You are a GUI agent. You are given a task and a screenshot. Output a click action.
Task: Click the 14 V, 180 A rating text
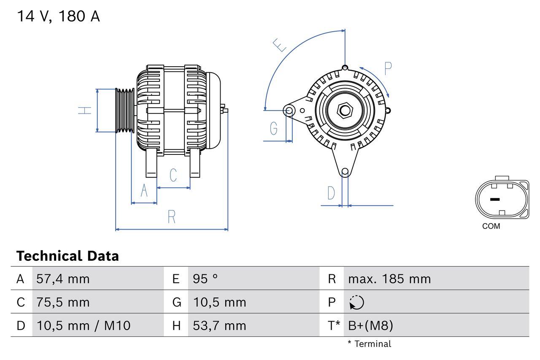(x=58, y=16)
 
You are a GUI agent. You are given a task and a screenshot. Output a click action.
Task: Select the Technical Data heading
(x=67, y=256)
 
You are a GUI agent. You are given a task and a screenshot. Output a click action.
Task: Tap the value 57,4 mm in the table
(x=63, y=279)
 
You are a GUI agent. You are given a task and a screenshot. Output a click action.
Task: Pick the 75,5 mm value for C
(x=63, y=302)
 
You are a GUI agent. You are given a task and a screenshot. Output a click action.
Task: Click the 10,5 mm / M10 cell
(x=84, y=325)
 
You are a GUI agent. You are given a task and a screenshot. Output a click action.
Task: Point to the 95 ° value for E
(x=205, y=279)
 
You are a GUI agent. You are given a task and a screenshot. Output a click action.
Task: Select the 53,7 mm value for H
(x=219, y=325)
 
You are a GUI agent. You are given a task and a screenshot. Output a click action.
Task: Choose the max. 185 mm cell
(x=389, y=279)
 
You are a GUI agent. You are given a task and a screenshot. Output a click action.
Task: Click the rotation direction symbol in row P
(x=356, y=302)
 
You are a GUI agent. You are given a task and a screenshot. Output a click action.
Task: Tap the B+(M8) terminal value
(x=370, y=325)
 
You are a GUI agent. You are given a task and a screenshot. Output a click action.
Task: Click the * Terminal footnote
(x=369, y=344)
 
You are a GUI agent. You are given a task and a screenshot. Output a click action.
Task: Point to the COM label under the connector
(x=491, y=226)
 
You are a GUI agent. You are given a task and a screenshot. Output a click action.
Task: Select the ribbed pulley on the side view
(x=125, y=111)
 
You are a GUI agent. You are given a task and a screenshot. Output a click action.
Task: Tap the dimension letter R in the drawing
(x=171, y=217)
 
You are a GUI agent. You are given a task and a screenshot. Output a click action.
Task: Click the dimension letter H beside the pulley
(x=85, y=111)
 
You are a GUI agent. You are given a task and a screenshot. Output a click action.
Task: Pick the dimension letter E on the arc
(x=280, y=45)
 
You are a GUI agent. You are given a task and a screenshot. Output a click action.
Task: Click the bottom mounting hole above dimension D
(x=345, y=171)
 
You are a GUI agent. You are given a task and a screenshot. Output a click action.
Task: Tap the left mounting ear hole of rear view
(x=289, y=111)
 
